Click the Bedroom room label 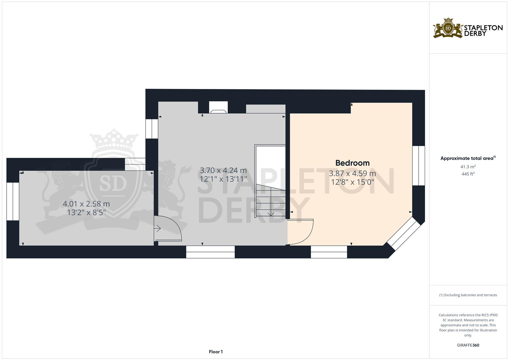[352, 163]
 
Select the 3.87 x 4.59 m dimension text [352, 174]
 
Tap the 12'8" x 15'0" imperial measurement [352, 182]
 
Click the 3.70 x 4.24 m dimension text [223, 171]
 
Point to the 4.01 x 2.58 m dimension [86, 204]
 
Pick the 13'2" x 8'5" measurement [86, 212]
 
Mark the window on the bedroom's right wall [419, 166]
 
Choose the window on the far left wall [13, 201]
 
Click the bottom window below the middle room [210, 252]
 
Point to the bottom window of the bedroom [329, 252]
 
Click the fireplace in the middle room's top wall [218, 108]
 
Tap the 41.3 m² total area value [468, 166]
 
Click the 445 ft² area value [468, 174]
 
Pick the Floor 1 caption [216, 352]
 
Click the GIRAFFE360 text [468, 345]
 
